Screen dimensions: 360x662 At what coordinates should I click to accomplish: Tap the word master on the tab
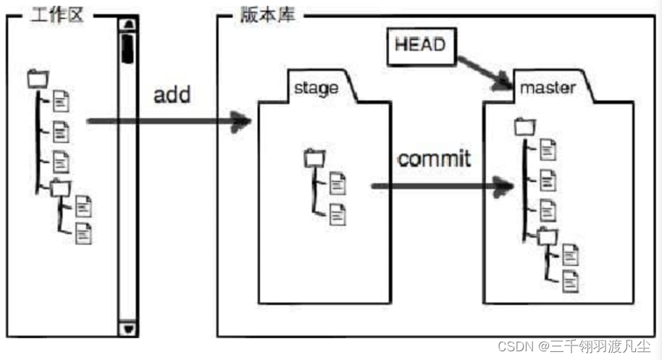(548, 88)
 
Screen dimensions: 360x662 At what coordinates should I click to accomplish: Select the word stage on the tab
(317, 88)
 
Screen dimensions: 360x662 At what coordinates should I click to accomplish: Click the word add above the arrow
(172, 95)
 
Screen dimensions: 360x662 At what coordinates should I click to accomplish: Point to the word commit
(434, 159)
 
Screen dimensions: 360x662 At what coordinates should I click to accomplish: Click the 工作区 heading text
(56, 15)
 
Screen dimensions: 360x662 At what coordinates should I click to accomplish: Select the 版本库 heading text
(267, 15)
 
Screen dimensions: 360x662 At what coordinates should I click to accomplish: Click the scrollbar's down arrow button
(129, 328)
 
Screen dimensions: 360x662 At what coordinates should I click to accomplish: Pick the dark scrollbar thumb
(128, 47)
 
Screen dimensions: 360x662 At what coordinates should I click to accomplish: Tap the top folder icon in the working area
(36, 78)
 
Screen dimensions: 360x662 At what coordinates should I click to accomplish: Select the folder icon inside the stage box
(314, 157)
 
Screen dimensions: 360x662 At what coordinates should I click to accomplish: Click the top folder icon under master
(524, 127)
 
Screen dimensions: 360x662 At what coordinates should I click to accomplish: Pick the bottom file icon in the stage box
(338, 214)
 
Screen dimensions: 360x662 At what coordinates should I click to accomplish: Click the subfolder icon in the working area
(60, 188)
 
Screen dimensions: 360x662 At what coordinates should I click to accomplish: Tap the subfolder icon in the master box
(547, 236)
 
